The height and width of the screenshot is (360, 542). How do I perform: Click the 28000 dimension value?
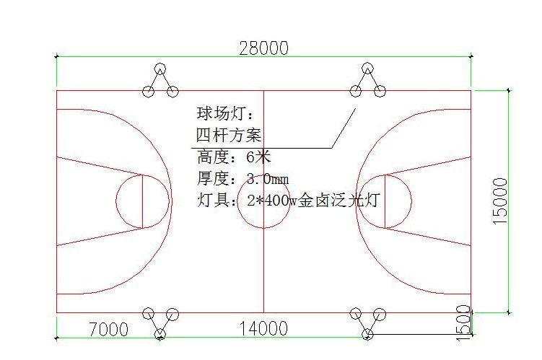click(263, 48)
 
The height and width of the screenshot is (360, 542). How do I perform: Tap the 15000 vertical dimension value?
click(500, 201)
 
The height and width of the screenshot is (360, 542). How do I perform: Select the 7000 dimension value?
click(108, 329)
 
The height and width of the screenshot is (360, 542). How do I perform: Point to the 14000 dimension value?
click(263, 328)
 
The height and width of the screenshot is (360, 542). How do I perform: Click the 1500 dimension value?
click(463, 322)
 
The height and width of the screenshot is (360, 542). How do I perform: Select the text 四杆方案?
click(229, 135)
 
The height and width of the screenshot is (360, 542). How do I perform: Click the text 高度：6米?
click(234, 157)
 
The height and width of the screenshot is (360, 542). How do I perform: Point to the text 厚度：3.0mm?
click(242, 178)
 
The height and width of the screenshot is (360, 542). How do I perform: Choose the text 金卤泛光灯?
click(338, 200)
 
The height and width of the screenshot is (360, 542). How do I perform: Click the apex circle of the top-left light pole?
click(159, 69)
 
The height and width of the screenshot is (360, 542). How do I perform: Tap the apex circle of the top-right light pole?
click(367, 69)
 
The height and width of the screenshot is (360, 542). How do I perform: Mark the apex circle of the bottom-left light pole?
click(159, 334)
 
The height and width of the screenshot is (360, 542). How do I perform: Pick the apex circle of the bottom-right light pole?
click(367, 334)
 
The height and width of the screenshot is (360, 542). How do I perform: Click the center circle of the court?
click(238, 201)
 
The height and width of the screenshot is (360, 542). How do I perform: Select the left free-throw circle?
click(116, 201)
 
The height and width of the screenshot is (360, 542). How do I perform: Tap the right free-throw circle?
click(411, 201)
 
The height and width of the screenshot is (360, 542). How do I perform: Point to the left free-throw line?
click(143, 201)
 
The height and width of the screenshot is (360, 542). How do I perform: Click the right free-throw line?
click(385, 201)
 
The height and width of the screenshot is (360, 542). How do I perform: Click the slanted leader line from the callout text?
click(344, 128)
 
